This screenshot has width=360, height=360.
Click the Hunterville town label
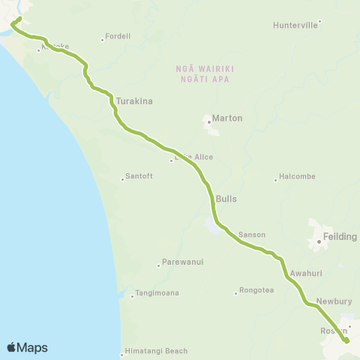[x=297, y=25]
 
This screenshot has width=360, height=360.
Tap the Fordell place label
[x=118, y=36]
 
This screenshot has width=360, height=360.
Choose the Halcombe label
[x=297, y=177]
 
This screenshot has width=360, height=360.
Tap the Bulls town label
[x=226, y=199]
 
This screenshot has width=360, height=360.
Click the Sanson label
[x=252, y=235]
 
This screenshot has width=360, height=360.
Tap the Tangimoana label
[x=157, y=293]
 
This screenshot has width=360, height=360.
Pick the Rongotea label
[x=258, y=292]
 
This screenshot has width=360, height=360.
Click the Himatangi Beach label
[x=156, y=351]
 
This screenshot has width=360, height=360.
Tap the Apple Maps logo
[x=27, y=347]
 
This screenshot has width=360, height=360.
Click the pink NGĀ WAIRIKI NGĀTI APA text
[x=205, y=72]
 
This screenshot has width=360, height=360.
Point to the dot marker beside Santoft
[x=123, y=178]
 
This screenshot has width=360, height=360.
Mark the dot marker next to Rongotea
[x=236, y=292]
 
